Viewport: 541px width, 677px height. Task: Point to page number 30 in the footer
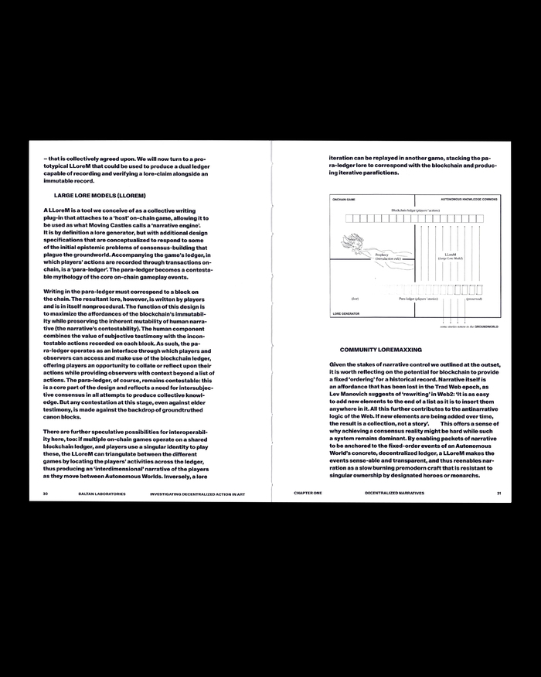[46, 492]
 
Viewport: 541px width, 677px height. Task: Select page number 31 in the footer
[499, 492]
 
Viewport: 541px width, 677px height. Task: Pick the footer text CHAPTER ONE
[309, 492]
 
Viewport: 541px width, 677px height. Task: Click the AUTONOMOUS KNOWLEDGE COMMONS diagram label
[463, 199]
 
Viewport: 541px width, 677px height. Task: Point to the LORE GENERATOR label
[346, 313]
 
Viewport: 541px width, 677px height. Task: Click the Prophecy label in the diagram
[382, 255]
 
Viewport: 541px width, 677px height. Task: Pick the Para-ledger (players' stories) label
[418, 298]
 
